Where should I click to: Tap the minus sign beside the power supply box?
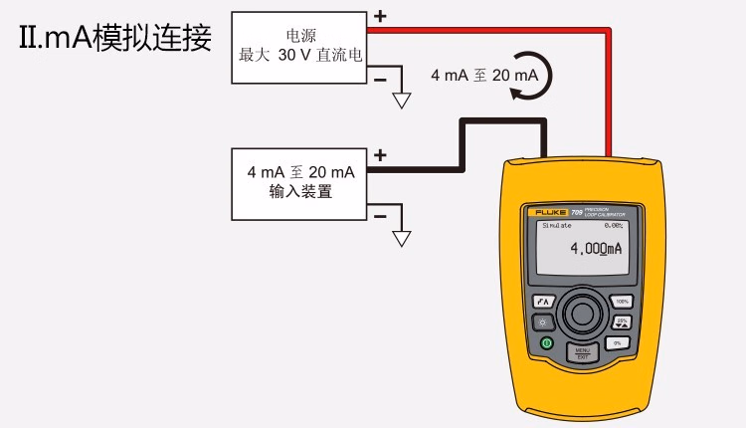379,77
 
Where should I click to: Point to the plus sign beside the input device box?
379,156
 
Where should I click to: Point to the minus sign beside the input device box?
379,215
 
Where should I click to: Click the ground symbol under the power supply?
402,100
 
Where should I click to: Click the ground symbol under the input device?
402,238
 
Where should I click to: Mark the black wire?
497,121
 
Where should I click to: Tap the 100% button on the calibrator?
623,301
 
